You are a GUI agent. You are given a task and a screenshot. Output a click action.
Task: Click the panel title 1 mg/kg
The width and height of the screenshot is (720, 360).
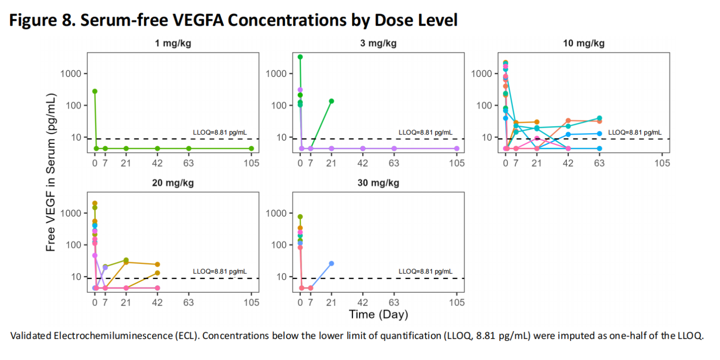[173, 43]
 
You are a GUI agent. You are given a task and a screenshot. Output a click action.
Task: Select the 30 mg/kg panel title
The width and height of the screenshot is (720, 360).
[378, 183]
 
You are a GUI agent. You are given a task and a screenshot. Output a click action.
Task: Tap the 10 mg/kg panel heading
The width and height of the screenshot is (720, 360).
[584, 43]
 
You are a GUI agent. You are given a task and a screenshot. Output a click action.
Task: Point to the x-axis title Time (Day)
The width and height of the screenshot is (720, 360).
[378, 314]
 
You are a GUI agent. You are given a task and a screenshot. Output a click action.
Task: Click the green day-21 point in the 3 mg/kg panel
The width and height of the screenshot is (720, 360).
[331, 101]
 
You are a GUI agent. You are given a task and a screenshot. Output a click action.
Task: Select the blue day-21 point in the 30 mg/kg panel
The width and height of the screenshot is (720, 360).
[331, 264]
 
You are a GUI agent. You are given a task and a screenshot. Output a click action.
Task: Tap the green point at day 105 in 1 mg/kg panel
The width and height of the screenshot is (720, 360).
[251, 148]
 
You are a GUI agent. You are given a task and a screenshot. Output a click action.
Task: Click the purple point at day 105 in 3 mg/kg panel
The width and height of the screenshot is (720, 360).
[456, 148]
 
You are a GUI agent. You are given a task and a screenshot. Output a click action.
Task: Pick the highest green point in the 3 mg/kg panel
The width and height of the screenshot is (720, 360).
[300, 57]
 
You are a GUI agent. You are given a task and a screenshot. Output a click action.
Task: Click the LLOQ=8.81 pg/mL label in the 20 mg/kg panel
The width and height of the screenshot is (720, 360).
[220, 271]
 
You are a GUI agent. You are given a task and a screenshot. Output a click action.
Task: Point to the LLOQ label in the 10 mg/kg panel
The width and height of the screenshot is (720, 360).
[635, 132]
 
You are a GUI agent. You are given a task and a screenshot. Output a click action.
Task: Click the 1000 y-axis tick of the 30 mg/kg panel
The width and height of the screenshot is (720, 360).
[276, 214]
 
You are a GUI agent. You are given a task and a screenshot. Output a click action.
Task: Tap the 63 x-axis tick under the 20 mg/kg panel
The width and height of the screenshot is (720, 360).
[188, 302]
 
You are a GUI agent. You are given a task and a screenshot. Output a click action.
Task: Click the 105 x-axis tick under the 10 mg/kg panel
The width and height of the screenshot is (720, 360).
[662, 163]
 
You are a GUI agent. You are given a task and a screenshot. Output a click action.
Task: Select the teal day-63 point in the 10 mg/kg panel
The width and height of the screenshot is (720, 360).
[599, 118]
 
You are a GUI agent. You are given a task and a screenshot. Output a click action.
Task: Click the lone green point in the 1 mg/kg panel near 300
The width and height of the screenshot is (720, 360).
[95, 91]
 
